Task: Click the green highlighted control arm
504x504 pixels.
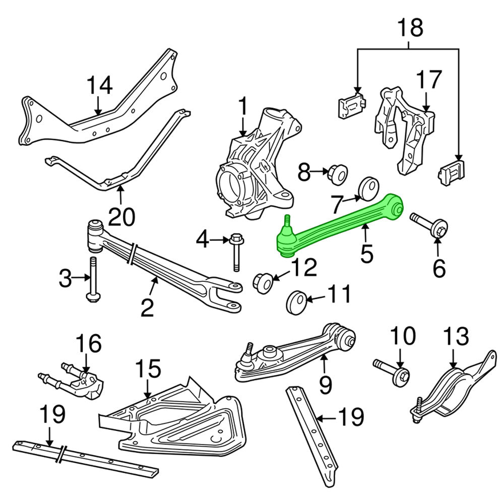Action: click(343, 222)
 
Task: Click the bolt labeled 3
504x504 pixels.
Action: click(93, 280)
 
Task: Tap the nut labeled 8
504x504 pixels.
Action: click(336, 174)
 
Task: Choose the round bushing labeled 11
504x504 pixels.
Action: click(296, 302)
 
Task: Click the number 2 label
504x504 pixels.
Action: click(147, 307)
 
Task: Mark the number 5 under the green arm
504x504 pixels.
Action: click(366, 254)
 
